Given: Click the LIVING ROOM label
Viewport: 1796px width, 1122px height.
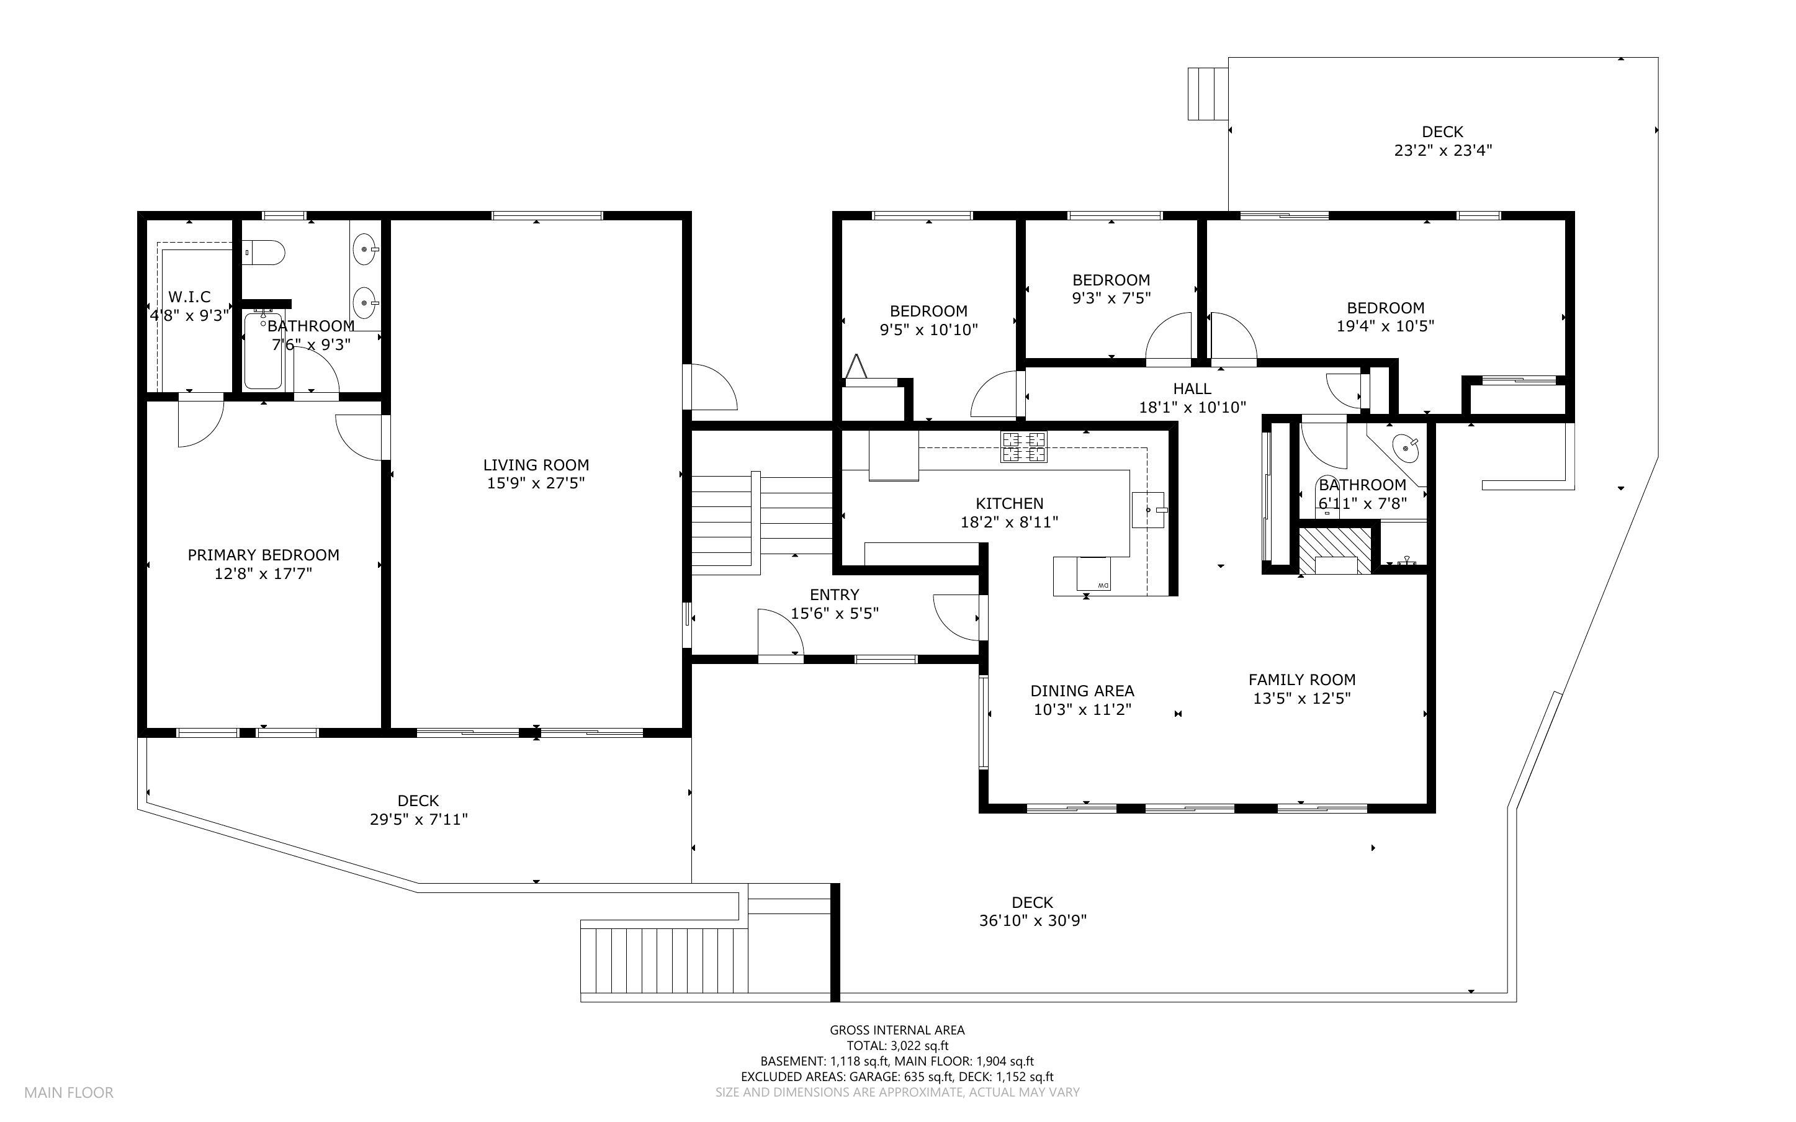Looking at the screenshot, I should [536, 465].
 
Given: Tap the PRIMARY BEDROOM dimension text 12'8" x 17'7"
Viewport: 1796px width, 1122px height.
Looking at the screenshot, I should [263, 573].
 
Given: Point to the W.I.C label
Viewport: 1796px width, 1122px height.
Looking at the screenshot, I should [189, 297].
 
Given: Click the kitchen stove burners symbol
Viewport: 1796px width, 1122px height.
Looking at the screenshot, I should [1024, 447].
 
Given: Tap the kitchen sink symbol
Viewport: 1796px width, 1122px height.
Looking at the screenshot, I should [1147, 509].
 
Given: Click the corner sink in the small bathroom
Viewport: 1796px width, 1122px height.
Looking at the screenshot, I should [1405, 447].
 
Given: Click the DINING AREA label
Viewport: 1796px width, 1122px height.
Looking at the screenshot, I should [1082, 691].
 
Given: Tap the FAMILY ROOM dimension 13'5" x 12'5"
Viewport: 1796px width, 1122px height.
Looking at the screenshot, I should [1302, 698].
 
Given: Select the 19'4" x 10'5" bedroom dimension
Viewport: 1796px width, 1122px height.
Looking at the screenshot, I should [1385, 326].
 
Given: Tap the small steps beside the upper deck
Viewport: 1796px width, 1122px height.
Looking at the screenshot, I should [1207, 94].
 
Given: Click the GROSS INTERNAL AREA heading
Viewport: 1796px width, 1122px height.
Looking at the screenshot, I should [897, 1030].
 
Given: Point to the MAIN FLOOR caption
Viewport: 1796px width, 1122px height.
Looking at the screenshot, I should [69, 1092].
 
